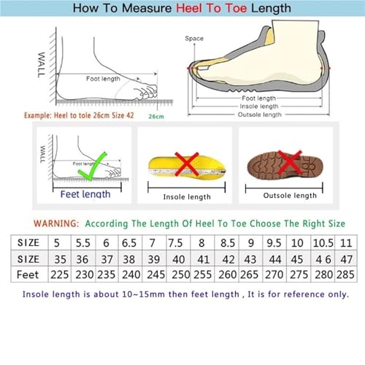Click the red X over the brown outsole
click(291, 160)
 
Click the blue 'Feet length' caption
click(85, 193)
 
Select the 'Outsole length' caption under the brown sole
click(291, 195)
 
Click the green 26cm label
click(155, 115)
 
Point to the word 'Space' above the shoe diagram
click(193, 38)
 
